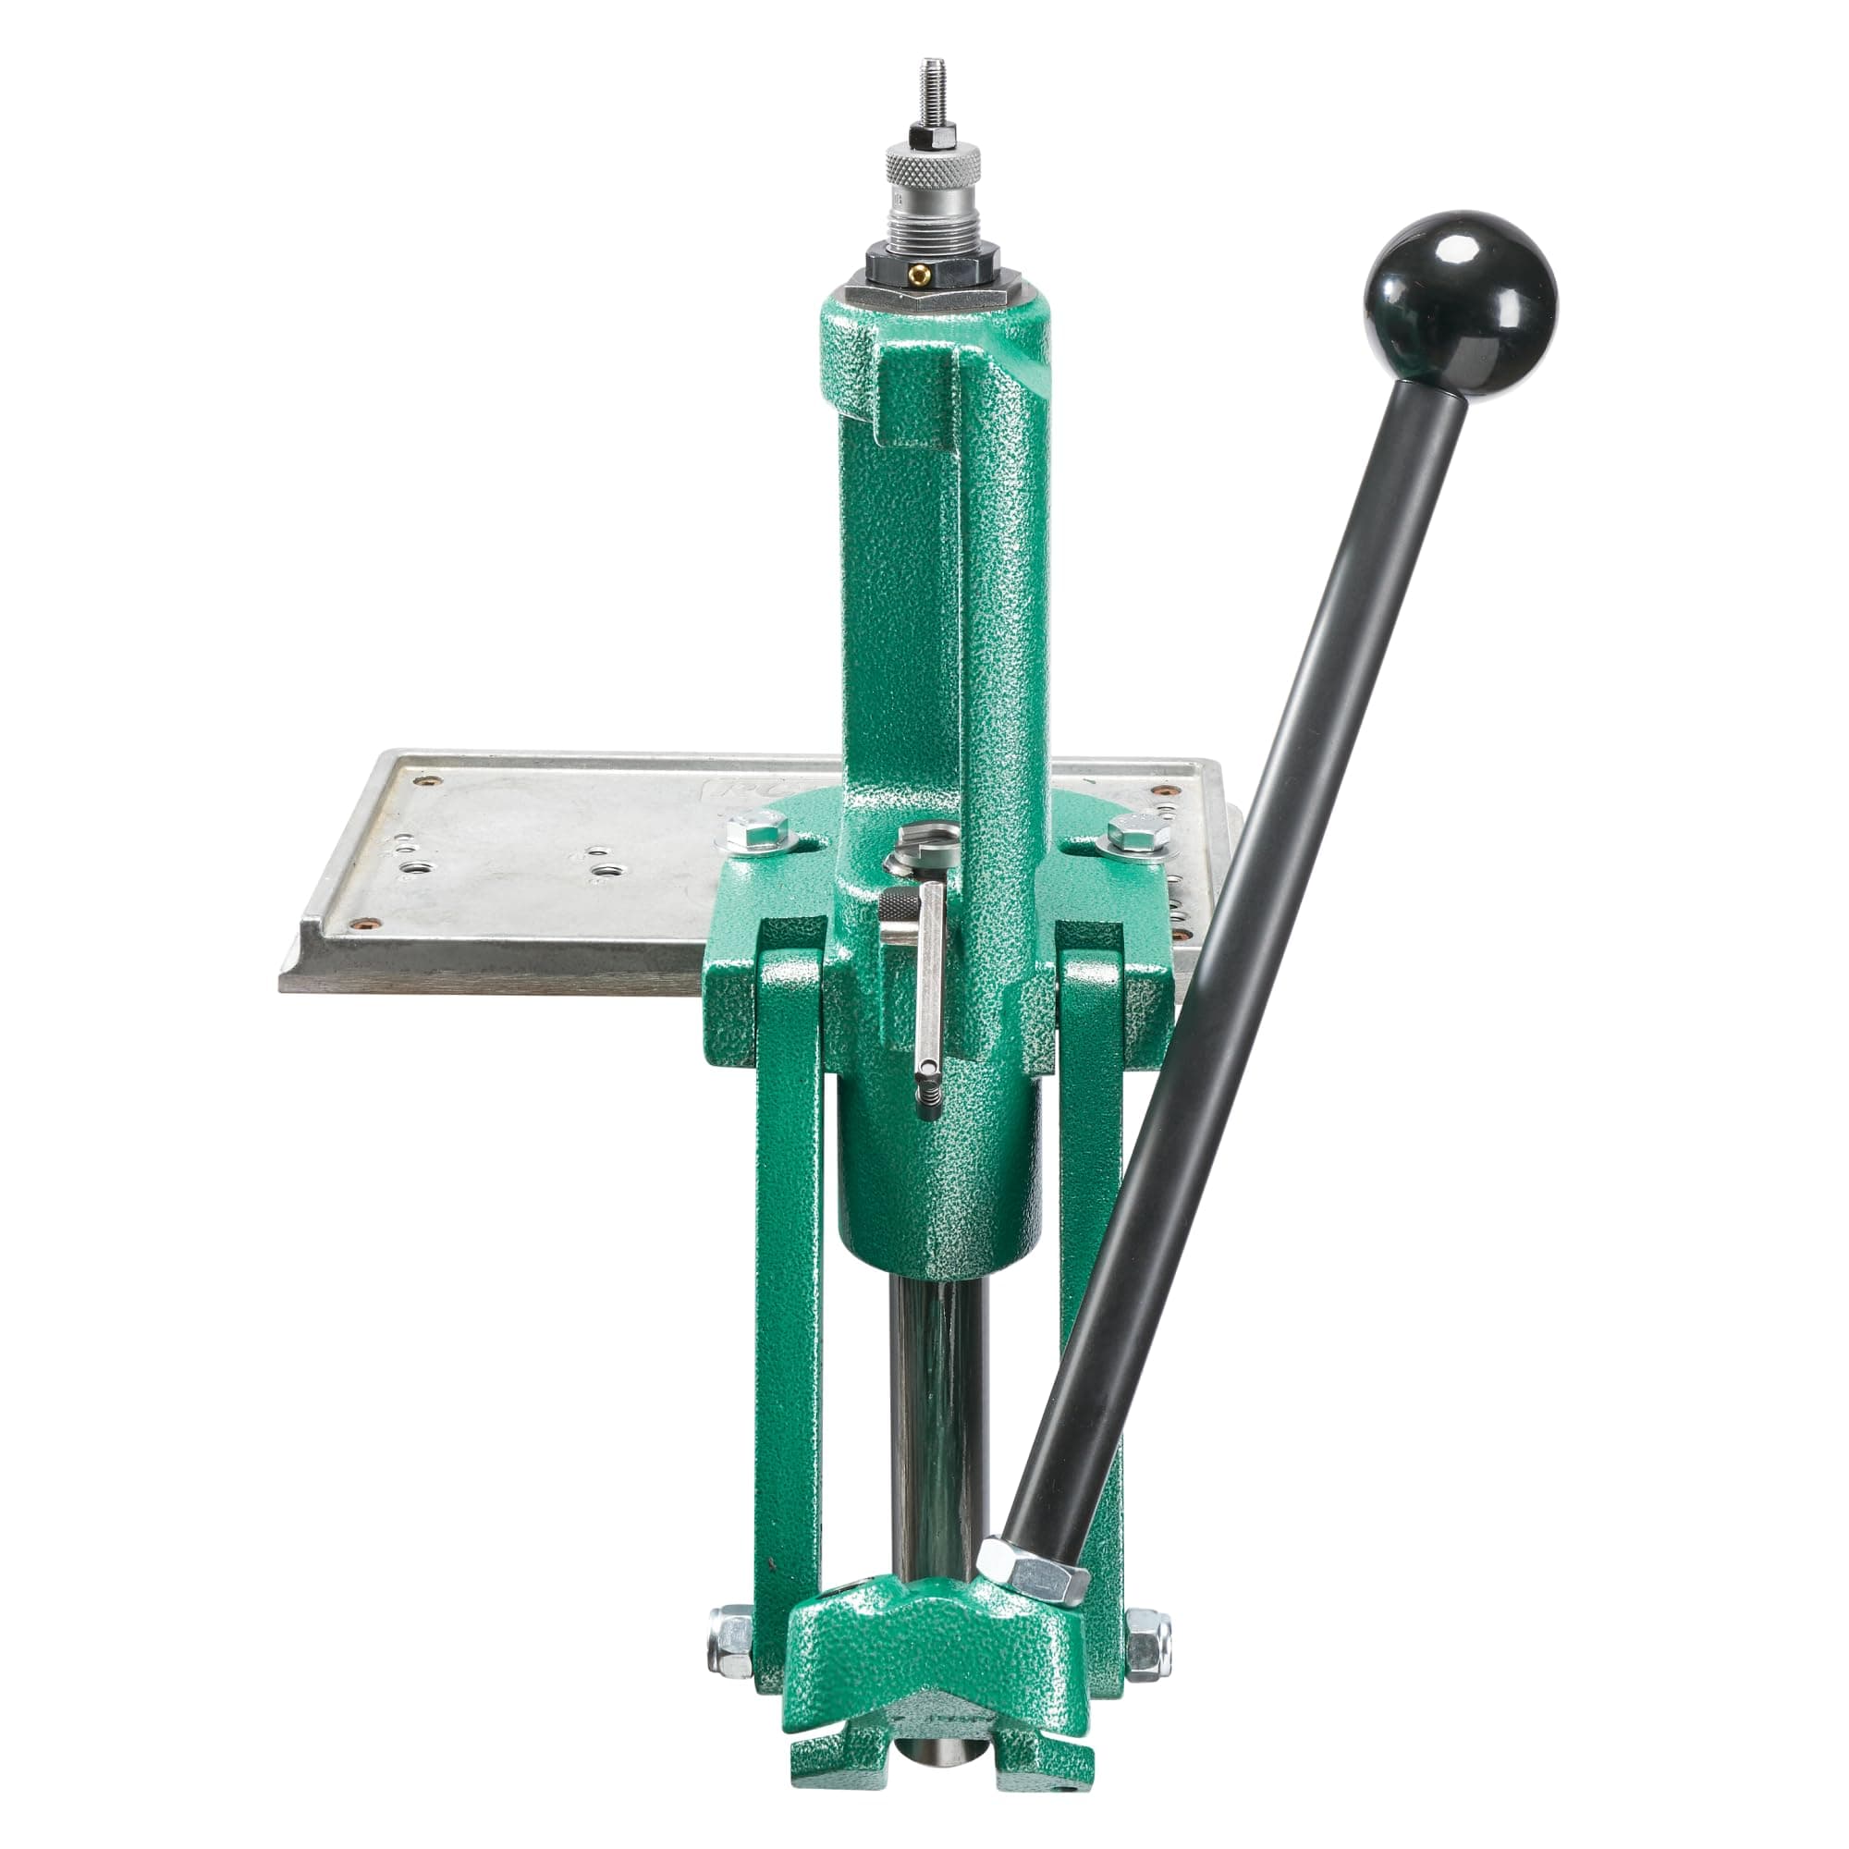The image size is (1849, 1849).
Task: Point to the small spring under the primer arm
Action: [927, 1096]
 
